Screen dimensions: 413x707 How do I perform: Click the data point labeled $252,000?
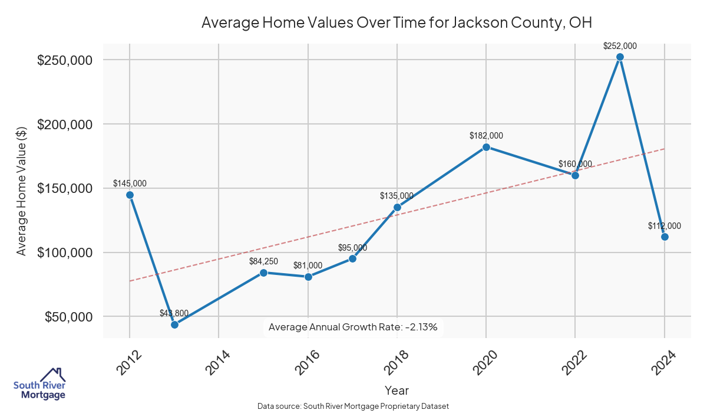tap(620, 57)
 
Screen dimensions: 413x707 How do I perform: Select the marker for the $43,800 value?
tap(174, 324)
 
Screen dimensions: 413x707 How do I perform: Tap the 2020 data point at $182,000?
tap(486, 147)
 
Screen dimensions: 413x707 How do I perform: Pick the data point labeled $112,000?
tap(665, 237)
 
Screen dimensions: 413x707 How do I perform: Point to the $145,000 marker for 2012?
tap(130, 195)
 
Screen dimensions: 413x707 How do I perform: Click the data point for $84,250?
tap(263, 273)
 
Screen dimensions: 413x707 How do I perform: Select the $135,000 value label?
tap(396, 196)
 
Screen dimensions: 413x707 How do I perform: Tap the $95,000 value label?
tap(352, 248)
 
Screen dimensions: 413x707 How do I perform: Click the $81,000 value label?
tap(308, 265)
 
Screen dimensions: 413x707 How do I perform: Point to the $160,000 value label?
tap(575, 164)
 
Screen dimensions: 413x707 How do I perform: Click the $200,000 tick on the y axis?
tap(65, 124)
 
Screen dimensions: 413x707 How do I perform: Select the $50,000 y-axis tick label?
tap(68, 317)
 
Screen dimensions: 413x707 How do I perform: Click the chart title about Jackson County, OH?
tap(397, 23)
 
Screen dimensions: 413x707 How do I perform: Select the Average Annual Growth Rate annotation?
tap(353, 327)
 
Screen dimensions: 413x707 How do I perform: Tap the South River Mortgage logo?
tap(39, 383)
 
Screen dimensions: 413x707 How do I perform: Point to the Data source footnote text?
tap(353, 407)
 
